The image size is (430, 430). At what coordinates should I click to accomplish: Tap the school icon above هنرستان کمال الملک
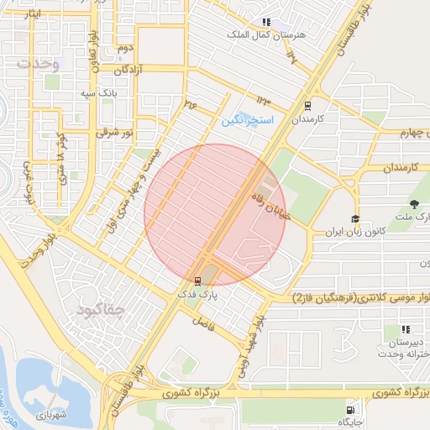[x=266, y=23]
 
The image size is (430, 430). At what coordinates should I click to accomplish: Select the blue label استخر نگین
[x=248, y=121]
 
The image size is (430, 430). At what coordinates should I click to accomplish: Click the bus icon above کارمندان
[x=307, y=107]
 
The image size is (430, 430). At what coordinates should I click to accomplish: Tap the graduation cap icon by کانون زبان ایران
[x=356, y=218]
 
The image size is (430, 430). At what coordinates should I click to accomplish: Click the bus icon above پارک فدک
[x=197, y=281]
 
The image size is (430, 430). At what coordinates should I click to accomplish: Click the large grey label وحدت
[x=39, y=64]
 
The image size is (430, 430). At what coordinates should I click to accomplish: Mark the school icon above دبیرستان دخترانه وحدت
[x=406, y=329]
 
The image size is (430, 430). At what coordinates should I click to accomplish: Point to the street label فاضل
[x=202, y=321]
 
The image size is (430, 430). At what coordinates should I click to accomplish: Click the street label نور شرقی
[x=115, y=133]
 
